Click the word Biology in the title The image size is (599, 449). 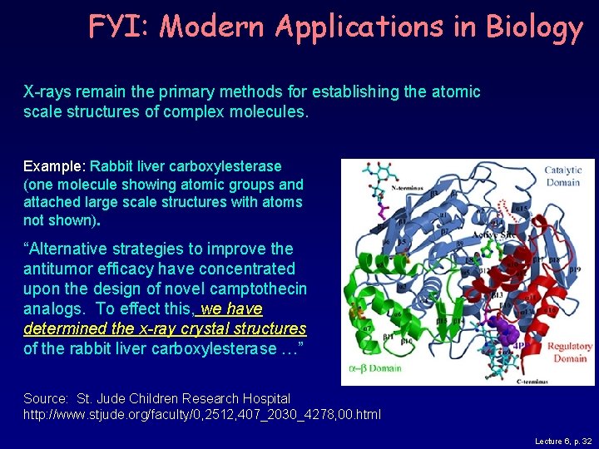[x=534, y=28]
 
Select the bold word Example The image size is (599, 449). [x=53, y=166]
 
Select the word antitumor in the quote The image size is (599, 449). [x=56, y=269]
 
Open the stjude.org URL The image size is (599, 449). [x=202, y=414]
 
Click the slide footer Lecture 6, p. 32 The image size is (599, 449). [x=563, y=441]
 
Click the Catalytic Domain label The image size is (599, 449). [x=563, y=177]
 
